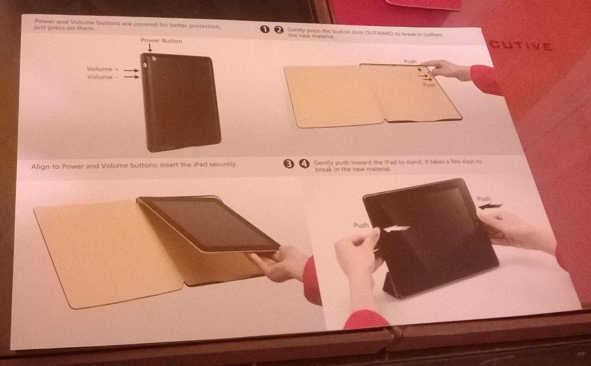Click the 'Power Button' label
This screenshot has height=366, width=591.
point(161,41)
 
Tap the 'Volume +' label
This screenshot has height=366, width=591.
point(103,69)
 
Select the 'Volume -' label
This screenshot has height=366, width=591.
point(102,77)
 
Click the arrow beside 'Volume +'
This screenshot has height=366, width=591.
point(131,70)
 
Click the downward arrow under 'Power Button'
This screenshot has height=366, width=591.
point(150,48)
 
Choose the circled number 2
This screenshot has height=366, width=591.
point(279,30)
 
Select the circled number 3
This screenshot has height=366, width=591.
point(289,164)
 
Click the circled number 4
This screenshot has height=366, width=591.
point(304,163)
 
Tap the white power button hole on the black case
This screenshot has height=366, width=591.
point(153,58)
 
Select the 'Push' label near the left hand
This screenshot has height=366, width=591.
point(361,225)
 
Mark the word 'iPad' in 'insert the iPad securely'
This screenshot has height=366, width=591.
point(200,164)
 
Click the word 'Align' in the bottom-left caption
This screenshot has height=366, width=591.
point(41,167)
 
